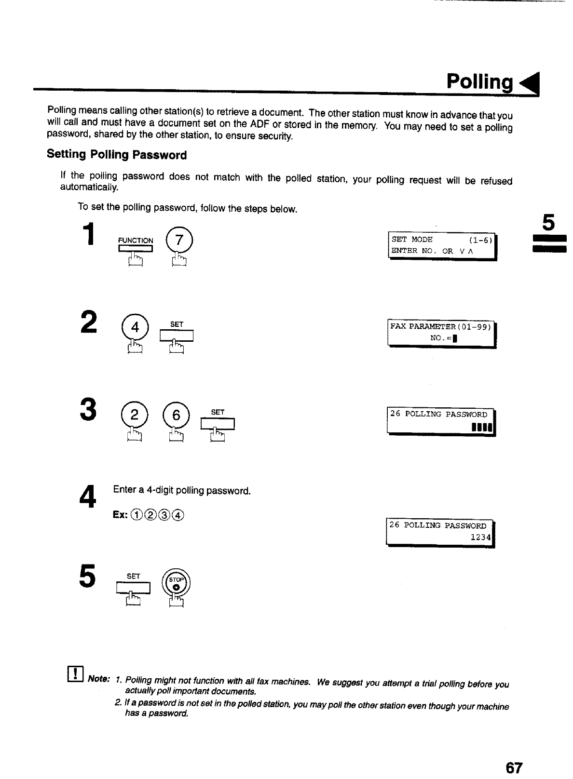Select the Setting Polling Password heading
click(x=117, y=155)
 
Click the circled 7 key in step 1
click(x=179, y=240)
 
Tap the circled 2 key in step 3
click(x=135, y=415)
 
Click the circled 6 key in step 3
click(x=177, y=415)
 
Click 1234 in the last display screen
click(x=480, y=537)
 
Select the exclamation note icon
click(x=77, y=672)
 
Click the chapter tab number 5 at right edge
click(x=549, y=223)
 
